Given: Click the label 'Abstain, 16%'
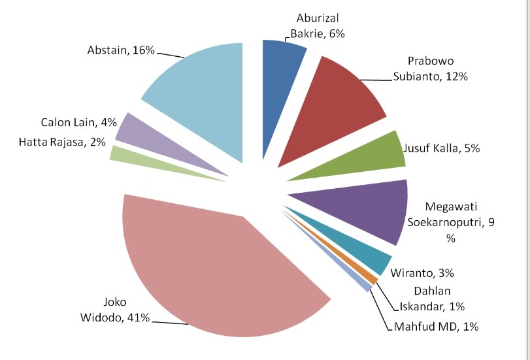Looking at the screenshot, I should click(121, 50).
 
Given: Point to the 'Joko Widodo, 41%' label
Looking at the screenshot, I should click(124, 310).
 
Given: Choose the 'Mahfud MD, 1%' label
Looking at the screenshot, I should click(437, 326).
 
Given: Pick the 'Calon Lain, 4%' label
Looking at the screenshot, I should click(78, 122).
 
